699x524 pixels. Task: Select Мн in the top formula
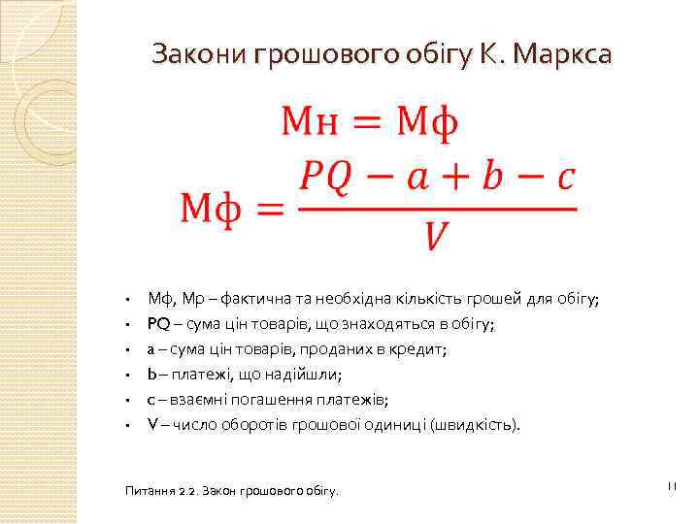point(310,125)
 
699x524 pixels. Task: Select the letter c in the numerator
point(564,180)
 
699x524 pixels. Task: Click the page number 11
point(670,484)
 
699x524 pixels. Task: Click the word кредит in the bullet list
point(416,349)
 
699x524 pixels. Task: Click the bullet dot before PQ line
point(127,325)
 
